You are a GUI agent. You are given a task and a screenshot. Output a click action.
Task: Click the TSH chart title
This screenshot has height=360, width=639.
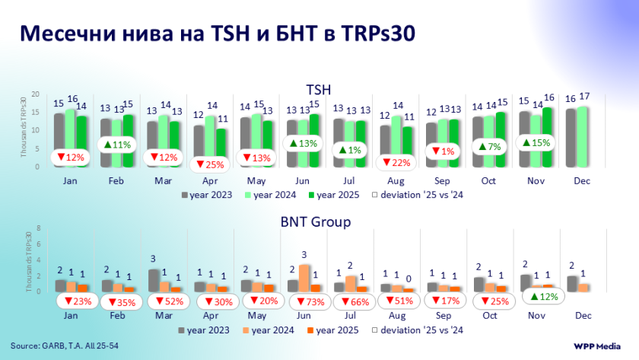(319, 89)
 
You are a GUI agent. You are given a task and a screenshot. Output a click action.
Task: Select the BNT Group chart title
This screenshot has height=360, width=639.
(319, 222)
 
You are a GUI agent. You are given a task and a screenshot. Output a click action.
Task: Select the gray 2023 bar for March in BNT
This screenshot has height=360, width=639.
(154, 280)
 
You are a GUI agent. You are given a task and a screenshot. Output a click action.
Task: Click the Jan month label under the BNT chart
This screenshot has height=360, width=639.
(71, 316)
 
